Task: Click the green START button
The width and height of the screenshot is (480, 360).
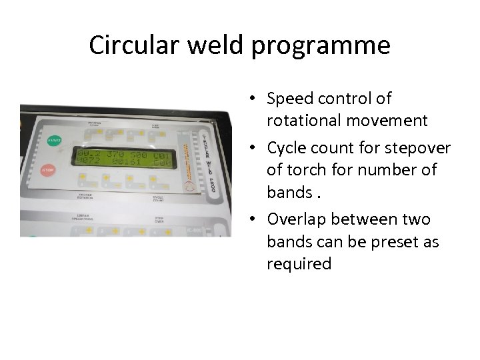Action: tap(54, 141)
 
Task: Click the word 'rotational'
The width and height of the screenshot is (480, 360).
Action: tap(299, 121)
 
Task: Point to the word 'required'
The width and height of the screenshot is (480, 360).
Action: tap(299, 264)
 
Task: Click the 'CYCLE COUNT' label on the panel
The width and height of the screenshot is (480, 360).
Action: tap(159, 198)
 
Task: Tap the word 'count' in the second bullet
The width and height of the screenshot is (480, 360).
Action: tap(338, 147)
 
